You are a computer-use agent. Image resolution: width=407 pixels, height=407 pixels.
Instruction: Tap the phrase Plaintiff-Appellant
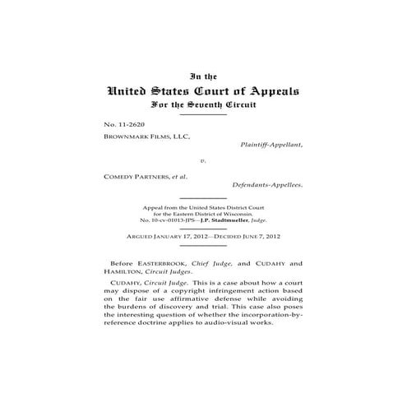pos(271,145)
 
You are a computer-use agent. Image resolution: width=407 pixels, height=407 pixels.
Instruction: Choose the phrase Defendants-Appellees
pos(266,185)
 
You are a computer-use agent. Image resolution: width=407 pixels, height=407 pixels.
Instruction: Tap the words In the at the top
pos(202,75)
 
